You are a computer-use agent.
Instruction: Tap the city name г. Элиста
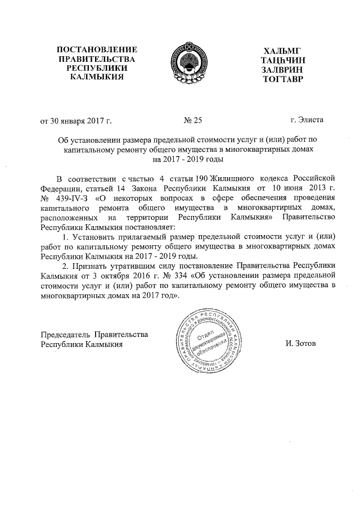point(307,119)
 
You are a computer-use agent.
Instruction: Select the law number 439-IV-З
point(71,199)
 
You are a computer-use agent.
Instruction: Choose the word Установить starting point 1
point(95,238)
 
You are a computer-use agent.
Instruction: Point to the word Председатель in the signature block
point(67,335)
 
